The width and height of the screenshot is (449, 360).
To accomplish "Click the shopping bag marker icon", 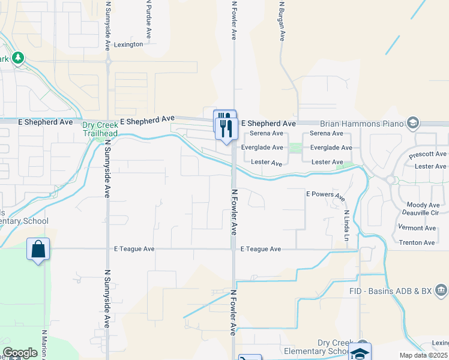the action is point(38,249).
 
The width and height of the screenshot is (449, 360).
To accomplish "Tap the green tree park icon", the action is point(19,58).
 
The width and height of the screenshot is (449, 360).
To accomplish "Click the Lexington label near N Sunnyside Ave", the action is point(128,44).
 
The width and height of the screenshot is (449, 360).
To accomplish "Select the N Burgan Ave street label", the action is point(281,20).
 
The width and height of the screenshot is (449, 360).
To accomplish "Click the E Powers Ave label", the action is point(325,196).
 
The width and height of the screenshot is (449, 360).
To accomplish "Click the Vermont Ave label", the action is point(417,228).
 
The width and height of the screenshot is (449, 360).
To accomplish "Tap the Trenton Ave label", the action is point(417,243).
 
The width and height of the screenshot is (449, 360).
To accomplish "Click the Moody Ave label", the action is point(423,205).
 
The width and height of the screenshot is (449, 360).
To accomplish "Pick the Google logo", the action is point(20,353).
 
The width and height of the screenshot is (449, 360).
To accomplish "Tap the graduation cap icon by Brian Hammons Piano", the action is point(412,124).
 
